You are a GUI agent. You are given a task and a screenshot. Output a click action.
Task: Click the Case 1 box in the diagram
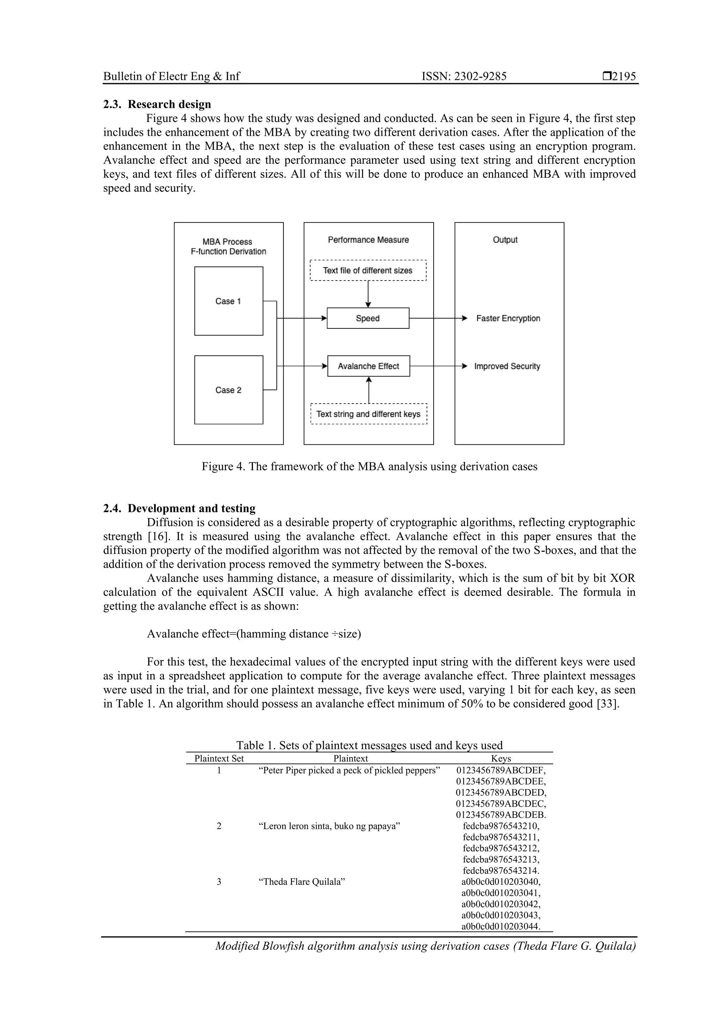(x=229, y=301)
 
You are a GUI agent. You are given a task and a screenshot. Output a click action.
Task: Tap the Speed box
(x=368, y=318)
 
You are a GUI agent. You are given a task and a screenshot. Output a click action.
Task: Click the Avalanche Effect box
(x=368, y=365)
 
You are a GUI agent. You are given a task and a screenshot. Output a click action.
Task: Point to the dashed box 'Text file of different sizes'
(x=368, y=270)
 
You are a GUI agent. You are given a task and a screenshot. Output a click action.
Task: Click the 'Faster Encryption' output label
(x=508, y=318)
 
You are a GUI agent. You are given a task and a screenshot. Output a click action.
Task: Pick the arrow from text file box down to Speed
(x=368, y=294)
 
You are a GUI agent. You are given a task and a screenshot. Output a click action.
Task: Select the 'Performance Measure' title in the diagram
(x=368, y=240)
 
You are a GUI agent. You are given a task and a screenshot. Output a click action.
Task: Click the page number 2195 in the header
(x=624, y=76)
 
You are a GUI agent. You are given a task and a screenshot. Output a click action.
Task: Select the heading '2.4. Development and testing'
(x=179, y=508)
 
